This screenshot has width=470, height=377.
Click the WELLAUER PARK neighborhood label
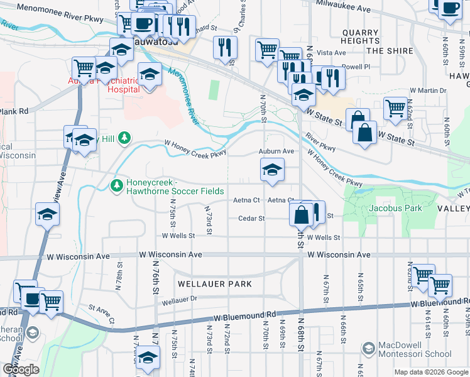(x=214, y=284)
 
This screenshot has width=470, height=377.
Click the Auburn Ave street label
(x=276, y=151)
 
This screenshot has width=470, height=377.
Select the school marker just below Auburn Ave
(x=272, y=170)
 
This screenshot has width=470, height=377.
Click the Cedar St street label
(x=251, y=219)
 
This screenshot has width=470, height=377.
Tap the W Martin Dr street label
(x=428, y=90)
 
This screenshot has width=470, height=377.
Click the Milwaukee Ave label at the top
(x=343, y=9)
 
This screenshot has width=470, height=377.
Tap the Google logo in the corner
(x=21, y=369)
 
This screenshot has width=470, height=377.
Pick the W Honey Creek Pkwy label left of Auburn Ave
(x=195, y=148)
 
